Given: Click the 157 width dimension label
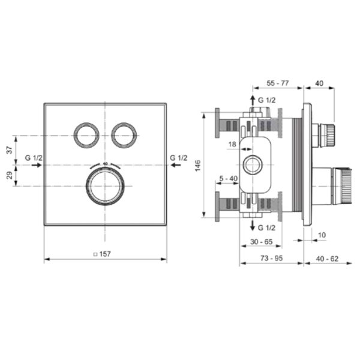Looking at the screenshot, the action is point(105,254).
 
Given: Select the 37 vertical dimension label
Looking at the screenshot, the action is point(10,150).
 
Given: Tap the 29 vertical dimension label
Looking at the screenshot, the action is point(10,176).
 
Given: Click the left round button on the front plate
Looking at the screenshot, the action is point(86,136).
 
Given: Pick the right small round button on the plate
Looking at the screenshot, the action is point(124,136).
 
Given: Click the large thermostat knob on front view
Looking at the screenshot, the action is point(106,186).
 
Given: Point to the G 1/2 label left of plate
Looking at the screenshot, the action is point(34,158).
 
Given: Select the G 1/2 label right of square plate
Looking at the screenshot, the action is point(179,158).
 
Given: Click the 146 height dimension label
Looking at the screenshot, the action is point(197,166).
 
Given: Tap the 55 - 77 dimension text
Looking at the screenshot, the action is point(278,83).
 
